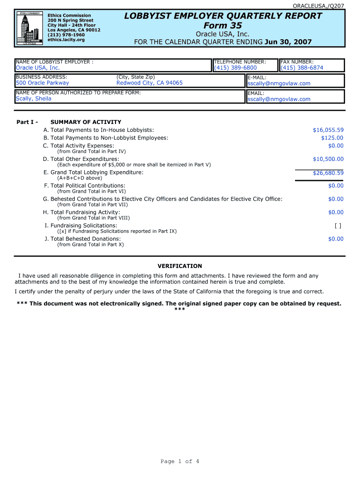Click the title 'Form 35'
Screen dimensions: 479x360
[223, 25]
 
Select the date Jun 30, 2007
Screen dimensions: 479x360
[288, 42]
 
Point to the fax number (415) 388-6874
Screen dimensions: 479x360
[302, 68]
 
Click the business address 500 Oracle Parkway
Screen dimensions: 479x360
[42, 83]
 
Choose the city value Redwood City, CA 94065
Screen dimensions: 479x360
[150, 83]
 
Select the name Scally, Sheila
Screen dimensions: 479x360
[34, 99]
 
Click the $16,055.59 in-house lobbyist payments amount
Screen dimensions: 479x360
[328, 130]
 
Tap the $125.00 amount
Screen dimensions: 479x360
[332, 138]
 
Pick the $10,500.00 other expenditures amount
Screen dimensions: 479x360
[328, 159]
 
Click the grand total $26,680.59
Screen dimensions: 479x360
[328, 173]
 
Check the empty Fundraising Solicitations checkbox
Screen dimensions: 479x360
[338, 225]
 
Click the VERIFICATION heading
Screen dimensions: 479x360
[180, 266]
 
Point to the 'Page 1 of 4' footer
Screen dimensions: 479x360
[180, 462]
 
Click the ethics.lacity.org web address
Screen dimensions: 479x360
[66, 40]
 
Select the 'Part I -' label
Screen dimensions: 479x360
[27, 122]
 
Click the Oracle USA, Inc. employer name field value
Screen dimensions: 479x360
[38, 68]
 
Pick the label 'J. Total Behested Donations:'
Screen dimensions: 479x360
[82, 239]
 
